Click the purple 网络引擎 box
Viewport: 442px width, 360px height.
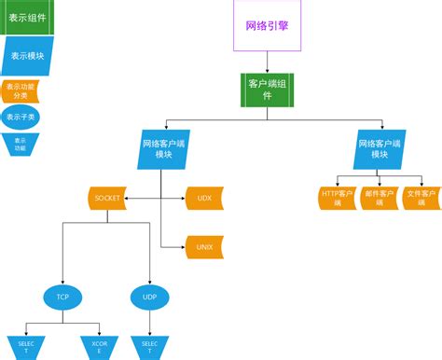click(x=268, y=26)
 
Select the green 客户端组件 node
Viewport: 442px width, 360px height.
click(x=268, y=90)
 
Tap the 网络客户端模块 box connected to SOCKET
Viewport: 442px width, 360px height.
click(x=165, y=149)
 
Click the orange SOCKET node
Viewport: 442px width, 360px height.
click(x=105, y=198)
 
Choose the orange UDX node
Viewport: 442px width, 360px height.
click(x=205, y=198)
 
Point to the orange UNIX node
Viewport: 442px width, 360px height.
click(x=205, y=246)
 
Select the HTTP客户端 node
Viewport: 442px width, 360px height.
click(x=337, y=199)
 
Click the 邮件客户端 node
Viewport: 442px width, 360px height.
click(x=379, y=199)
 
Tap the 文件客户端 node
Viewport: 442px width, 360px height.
click(x=421, y=199)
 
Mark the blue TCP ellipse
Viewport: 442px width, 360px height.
click(x=62, y=298)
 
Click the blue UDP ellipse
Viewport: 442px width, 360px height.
click(x=149, y=298)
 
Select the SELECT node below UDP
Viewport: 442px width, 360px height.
click(x=149, y=347)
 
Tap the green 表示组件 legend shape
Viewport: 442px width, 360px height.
click(x=28, y=16)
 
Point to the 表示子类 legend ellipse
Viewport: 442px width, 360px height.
click(x=21, y=118)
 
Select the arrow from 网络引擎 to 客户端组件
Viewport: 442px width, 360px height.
click(x=268, y=62)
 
